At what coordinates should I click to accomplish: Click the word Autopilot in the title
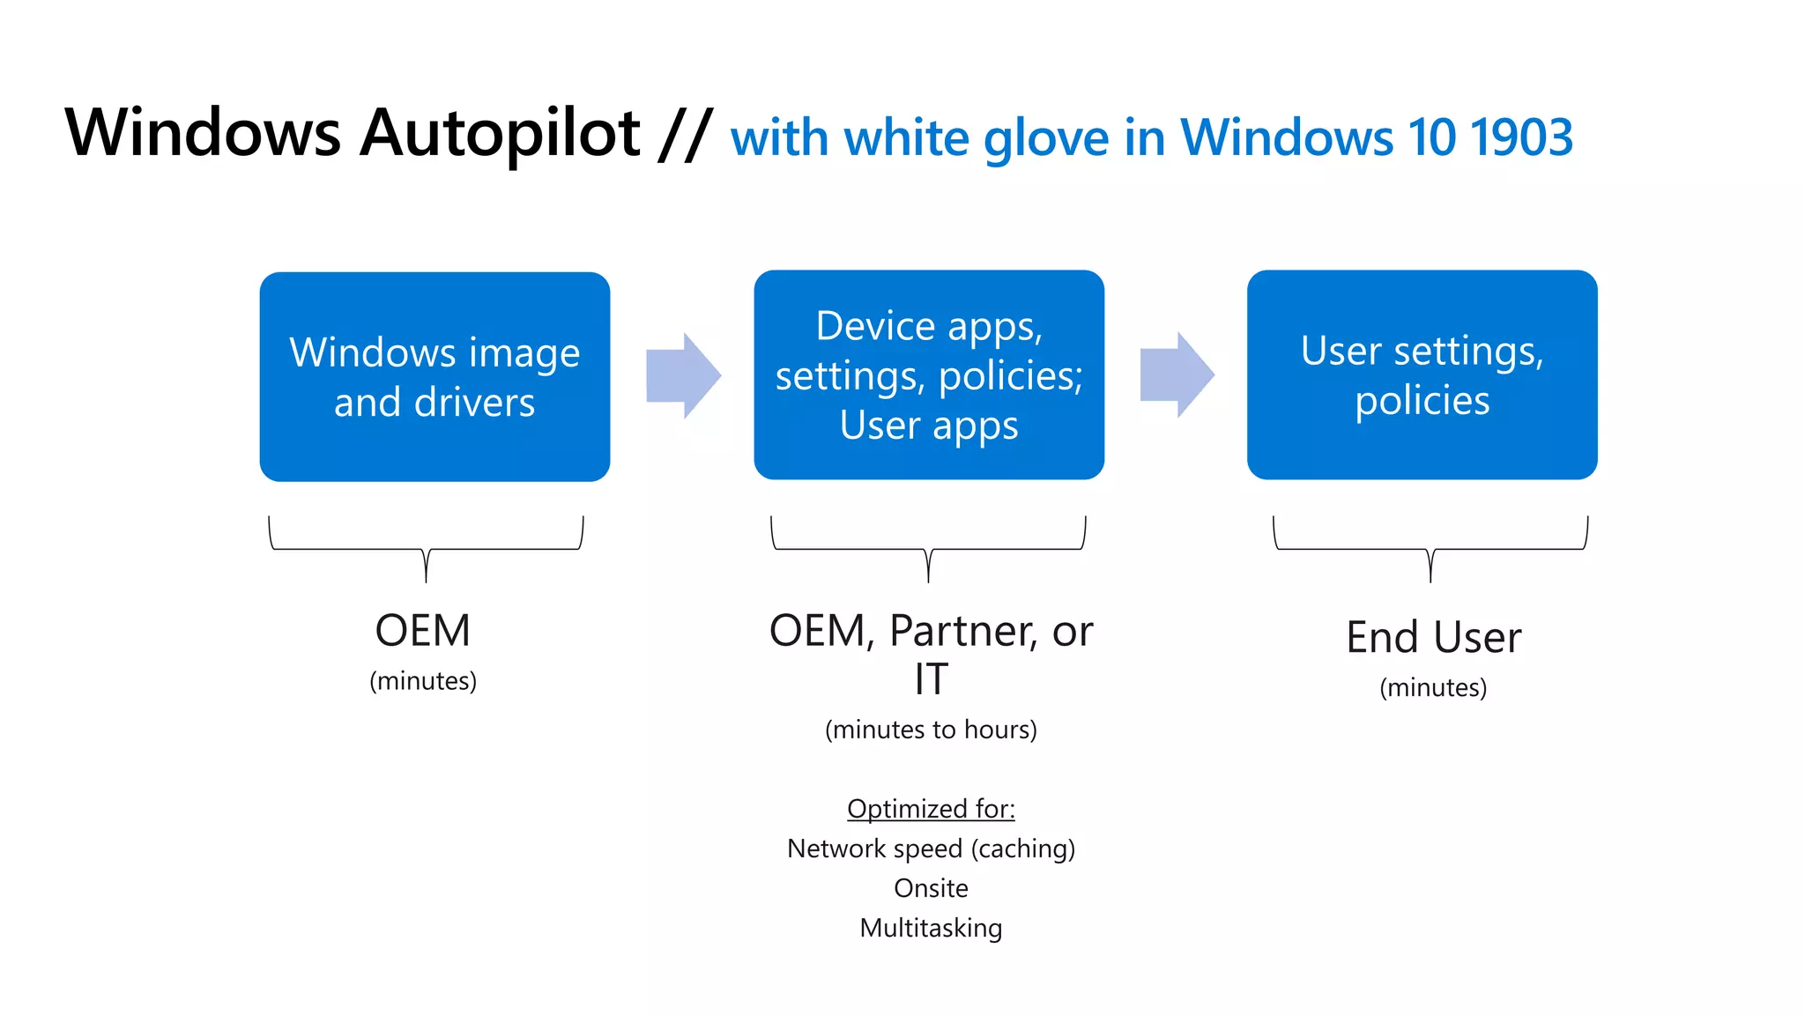(x=500, y=134)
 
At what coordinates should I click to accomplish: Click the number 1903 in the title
(x=1521, y=137)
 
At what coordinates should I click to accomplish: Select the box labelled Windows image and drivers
(x=435, y=376)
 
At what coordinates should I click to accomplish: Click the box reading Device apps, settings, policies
(x=929, y=374)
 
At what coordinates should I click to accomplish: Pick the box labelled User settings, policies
(x=1422, y=374)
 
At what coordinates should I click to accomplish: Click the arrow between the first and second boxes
(x=683, y=375)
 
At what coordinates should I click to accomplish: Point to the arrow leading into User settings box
(x=1177, y=374)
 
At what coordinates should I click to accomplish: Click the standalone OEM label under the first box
(x=423, y=631)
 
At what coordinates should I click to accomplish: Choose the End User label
(x=1433, y=637)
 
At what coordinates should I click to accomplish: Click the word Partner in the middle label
(x=962, y=631)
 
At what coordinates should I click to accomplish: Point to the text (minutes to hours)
(x=931, y=730)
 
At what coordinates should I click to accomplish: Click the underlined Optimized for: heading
(x=931, y=808)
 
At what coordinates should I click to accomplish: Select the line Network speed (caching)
(x=931, y=848)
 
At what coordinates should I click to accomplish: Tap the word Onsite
(x=931, y=888)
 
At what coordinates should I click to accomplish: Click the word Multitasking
(x=931, y=928)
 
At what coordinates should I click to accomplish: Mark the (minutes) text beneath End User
(x=1433, y=687)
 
